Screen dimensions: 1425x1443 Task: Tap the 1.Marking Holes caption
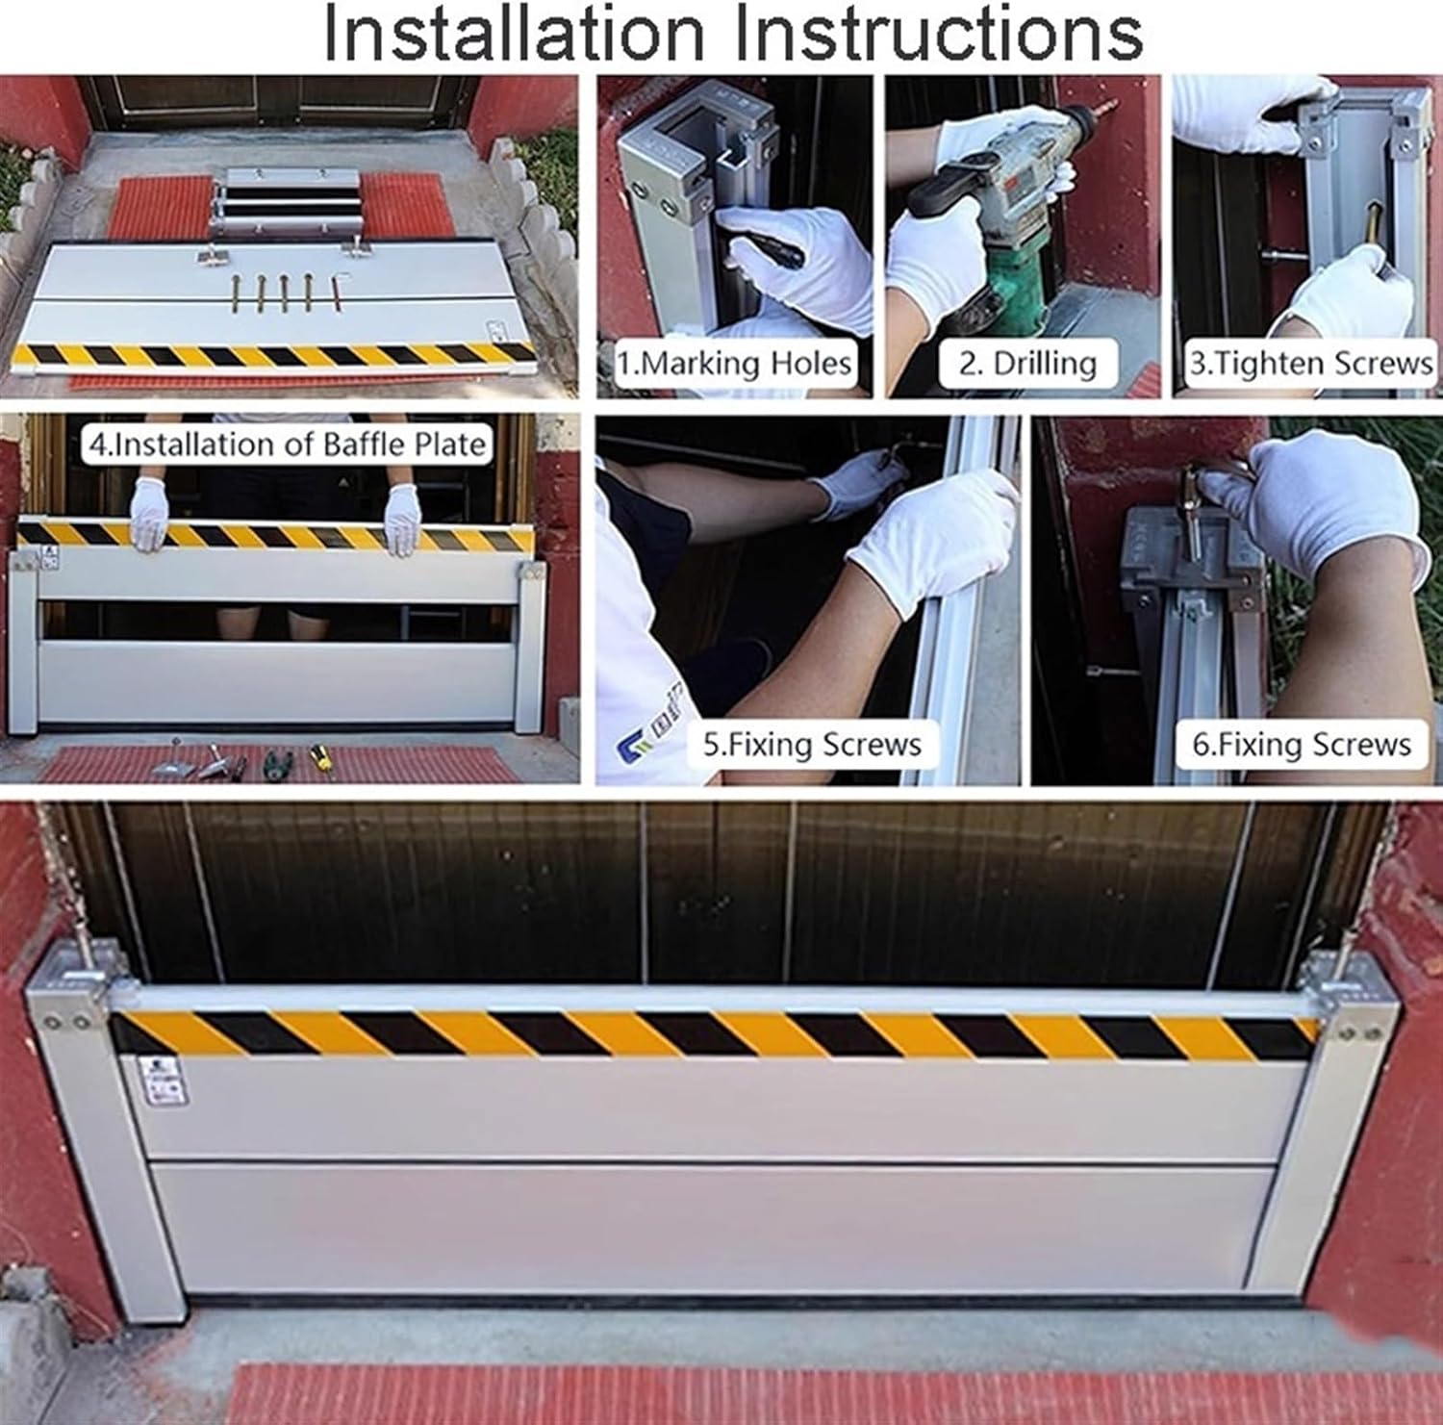(x=735, y=364)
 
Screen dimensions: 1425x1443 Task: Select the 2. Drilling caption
(x=1027, y=364)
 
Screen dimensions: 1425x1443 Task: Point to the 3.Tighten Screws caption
(x=1311, y=364)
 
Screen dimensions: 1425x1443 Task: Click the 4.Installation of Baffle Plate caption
(x=287, y=445)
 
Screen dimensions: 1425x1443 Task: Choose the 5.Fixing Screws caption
(x=812, y=744)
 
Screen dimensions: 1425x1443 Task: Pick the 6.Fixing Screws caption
(x=1302, y=744)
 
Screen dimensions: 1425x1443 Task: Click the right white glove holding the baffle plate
(x=403, y=518)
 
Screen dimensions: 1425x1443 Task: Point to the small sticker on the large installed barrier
(x=161, y=1081)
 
